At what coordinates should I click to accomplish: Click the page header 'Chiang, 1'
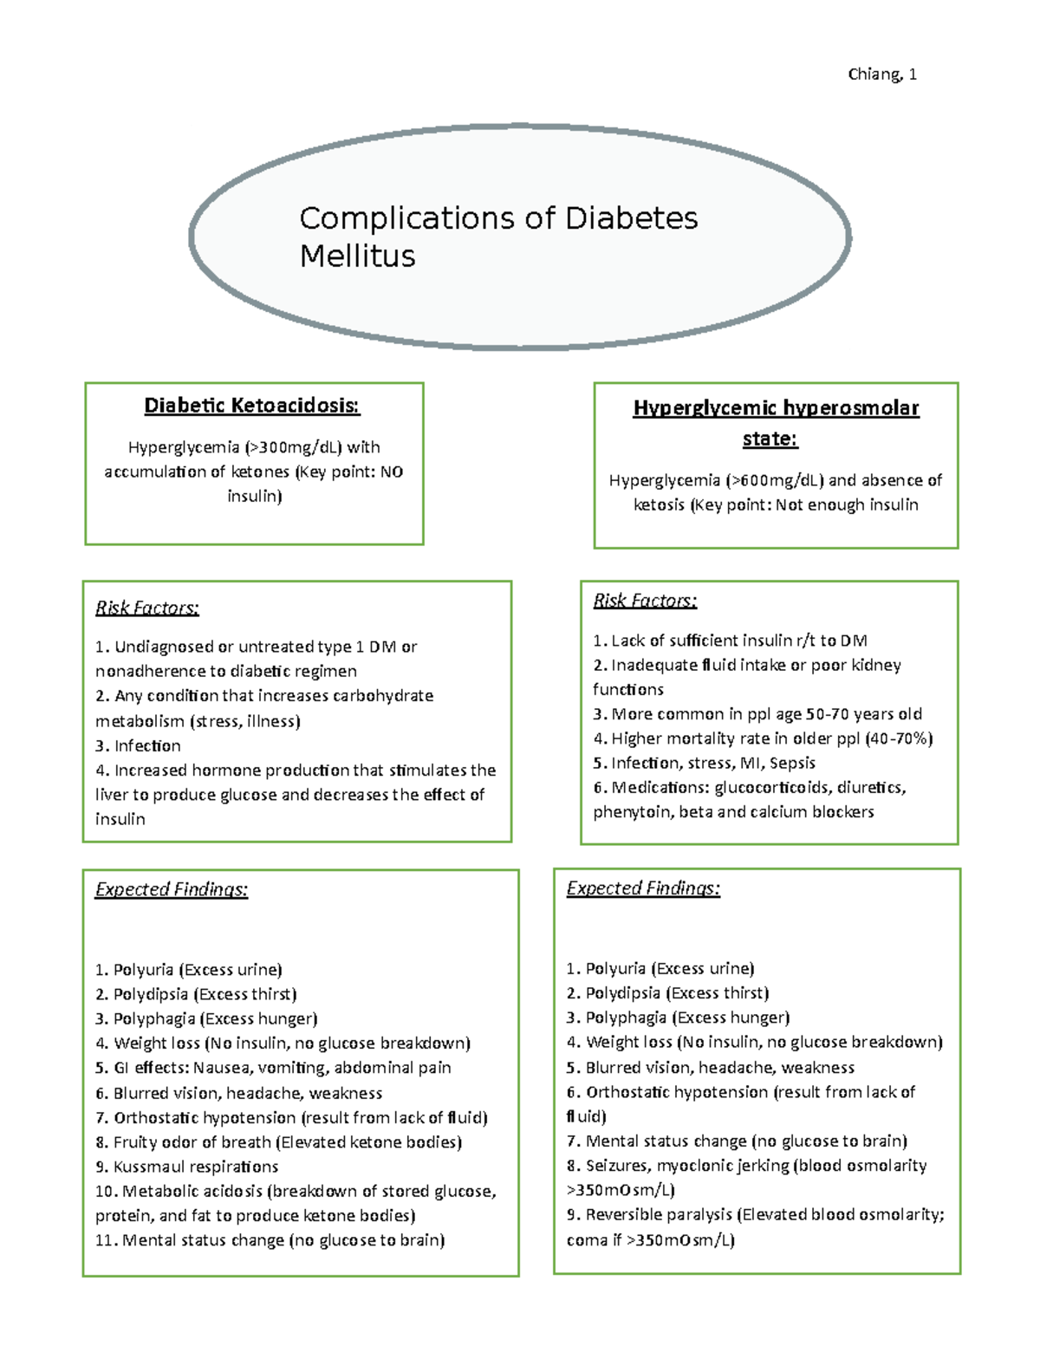881,75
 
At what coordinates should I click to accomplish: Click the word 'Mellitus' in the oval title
357,257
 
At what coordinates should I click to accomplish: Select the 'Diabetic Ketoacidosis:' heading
252,406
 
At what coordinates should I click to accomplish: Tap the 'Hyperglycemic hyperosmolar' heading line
776,408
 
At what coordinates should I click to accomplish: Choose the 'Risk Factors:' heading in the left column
147,608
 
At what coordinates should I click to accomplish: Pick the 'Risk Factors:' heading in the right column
645,601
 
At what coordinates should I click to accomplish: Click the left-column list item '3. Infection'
139,745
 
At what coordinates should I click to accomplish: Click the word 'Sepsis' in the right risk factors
792,763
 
